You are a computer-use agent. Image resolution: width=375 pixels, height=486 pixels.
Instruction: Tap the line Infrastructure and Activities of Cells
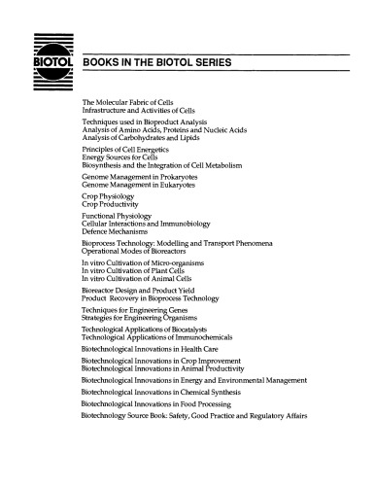tap(147, 109)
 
